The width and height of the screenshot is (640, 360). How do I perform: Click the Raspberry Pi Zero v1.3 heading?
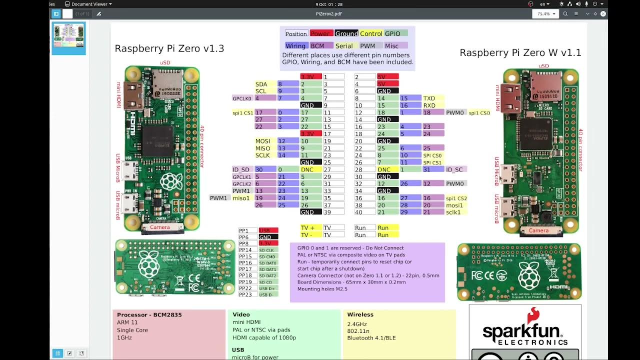(x=169, y=48)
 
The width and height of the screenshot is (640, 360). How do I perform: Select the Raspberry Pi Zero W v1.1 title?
(x=520, y=53)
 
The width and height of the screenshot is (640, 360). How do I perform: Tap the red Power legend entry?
(x=320, y=33)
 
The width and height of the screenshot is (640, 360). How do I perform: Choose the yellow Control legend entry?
(x=371, y=33)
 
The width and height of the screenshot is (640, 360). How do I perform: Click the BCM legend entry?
(x=317, y=46)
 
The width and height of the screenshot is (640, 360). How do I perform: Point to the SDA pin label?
(x=261, y=84)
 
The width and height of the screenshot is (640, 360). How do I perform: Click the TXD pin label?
(x=429, y=98)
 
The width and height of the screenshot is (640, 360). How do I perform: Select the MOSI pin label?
(x=262, y=141)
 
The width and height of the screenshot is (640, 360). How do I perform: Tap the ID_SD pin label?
(x=240, y=170)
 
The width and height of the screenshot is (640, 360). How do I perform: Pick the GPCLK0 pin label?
(x=242, y=98)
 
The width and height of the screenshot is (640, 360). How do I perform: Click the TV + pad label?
(x=307, y=228)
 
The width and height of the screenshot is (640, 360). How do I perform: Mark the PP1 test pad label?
(x=243, y=231)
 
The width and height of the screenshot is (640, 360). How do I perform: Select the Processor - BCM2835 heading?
(x=149, y=315)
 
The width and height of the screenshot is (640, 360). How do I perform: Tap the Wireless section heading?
(x=360, y=314)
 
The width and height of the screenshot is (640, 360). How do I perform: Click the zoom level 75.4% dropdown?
(x=545, y=14)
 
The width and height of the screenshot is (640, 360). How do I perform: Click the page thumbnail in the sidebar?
(x=68, y=37)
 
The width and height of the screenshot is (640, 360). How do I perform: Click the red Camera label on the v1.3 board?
(x=160, y=227)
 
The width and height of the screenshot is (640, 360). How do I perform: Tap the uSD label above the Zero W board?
(x=543, y=66)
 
